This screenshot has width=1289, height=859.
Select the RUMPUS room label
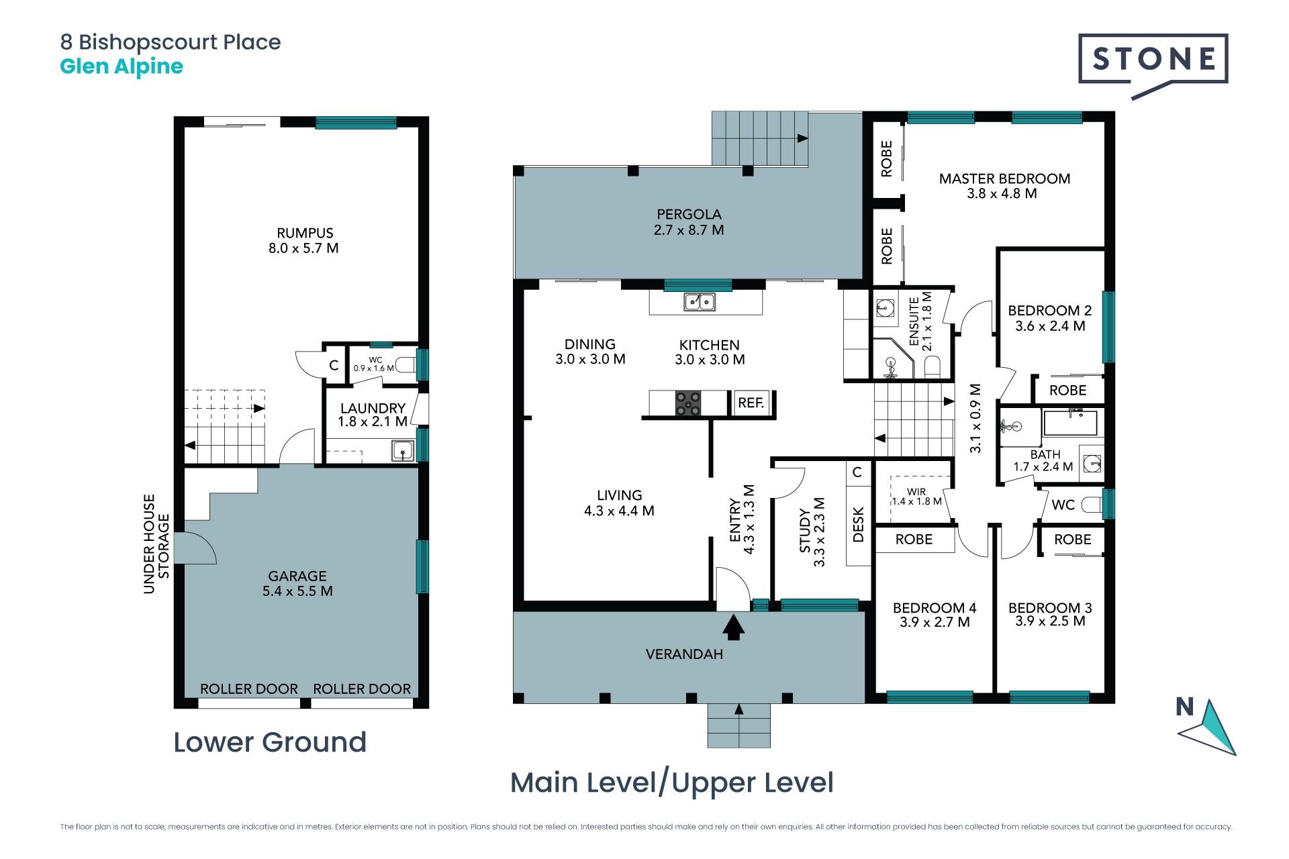pyautogui.click(x=305, y=234)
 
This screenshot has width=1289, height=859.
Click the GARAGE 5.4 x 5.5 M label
pyautogui.click(x=297, y=584)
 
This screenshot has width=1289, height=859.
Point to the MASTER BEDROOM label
pyautogui.click(x=1004, y=179)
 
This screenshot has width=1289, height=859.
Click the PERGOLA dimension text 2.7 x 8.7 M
pyautogui.click(x=689, y=230)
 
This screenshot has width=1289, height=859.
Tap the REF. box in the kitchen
pyautogui.click(x=751, y=403)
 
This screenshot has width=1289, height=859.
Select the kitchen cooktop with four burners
pyautogui.click(x=688, y=403)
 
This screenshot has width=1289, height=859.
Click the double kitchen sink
pyautogui.click(x=700, y=302)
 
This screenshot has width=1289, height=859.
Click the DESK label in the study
pyautogui.click(x=858, y=524)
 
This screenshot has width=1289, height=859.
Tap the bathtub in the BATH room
pyautogui.click(x=1070, y=423)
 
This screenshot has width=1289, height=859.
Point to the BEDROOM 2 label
pyautogui.click(x=1050, y=311)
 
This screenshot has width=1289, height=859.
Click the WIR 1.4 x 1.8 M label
pyautogui.click(x=916, y=497)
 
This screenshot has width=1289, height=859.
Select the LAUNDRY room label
pyautogui.click(x=373, y=409)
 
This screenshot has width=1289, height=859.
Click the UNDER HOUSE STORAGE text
pyautogui.click(x=156, y=544)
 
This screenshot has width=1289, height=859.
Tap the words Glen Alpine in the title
pyautogui.click(x=122, y=66)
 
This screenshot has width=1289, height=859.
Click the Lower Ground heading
pyautogui.click(x=270, y=742)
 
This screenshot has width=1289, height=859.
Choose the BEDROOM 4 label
pyautogui.click(x=935, y=608)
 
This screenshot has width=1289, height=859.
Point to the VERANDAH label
pyautogui.click(x=684, y=654)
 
